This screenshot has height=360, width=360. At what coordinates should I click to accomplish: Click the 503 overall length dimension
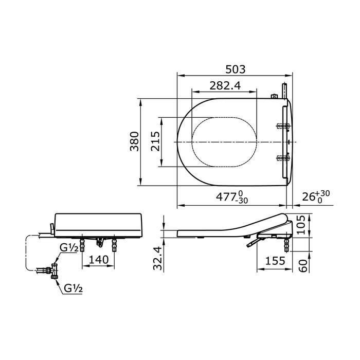click(x=236, y=69)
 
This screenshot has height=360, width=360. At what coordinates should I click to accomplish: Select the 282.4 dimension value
click(x=225, y=86)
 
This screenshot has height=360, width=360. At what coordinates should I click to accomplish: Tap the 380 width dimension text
click(x=134, y=141)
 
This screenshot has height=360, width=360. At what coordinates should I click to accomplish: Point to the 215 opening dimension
click(x=155, y=141)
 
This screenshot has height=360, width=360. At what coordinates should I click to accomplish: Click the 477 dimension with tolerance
click(x=232, y=197)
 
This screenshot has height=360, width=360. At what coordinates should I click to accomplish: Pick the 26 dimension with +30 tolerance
click(x=316, y=196)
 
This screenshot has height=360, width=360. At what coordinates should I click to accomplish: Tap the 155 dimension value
click(x=275, y=261)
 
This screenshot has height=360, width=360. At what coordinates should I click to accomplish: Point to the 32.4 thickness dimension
click(x=158, y=258)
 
